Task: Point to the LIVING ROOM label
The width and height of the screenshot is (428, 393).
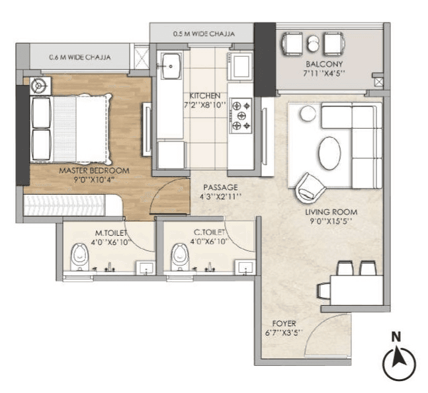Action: coord(331,212)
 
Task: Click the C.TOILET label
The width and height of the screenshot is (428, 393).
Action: coord(208,234)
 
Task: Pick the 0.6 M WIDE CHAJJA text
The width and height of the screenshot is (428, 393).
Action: coord(79,57)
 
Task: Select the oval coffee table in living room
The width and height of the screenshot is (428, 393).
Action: coord(330,153)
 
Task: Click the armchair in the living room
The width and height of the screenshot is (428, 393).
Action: coord(310,188)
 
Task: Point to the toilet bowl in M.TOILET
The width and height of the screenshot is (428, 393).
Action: coord(79,257)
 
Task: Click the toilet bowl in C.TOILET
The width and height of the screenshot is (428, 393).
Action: coord(178,257)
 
